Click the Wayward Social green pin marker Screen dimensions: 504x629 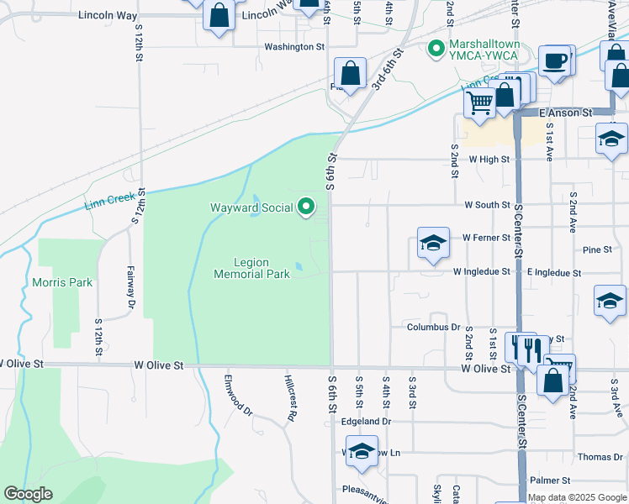click(x=307, y=206)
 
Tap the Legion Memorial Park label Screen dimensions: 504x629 click(x=251, y=268)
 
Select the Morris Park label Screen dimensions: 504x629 click(x=62, y=282)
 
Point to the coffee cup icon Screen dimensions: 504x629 click(x=554, y=61)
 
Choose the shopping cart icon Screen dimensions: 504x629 click(x=480, y=103)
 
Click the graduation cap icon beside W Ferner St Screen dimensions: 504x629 click(x=433, y=244)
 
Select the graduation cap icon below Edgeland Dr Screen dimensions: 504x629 click(x=362, y=451)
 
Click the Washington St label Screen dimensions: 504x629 click(x=294, y=47)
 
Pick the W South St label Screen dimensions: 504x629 click(x=487, y=204)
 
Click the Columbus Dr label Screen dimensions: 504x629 click(x=434, y=327)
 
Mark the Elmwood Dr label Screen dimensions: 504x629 click(x=237, y=394)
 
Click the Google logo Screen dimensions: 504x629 click(x=29, y=495)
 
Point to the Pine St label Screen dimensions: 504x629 click(x=596, y=249)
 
